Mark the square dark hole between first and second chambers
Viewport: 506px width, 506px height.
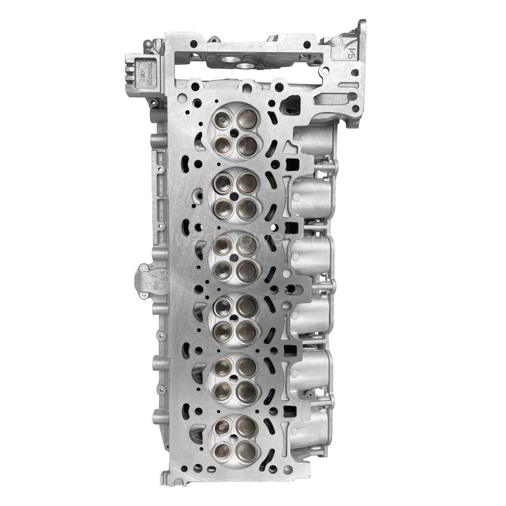[x=291, y=164]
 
